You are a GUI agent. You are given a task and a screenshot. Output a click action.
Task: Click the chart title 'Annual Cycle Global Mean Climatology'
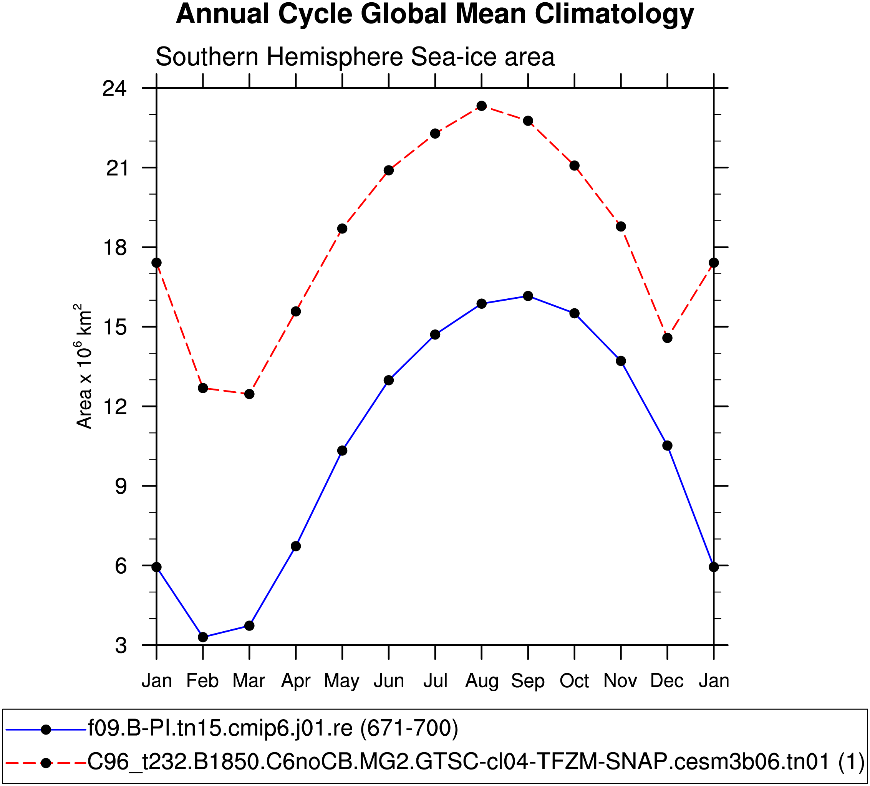434,14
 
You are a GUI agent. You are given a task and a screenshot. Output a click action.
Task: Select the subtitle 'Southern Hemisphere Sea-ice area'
355,57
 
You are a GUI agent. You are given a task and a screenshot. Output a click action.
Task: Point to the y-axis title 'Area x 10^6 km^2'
84,366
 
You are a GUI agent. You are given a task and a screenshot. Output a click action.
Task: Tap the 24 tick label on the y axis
114,88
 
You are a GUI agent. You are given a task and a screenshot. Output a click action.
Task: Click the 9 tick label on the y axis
121,486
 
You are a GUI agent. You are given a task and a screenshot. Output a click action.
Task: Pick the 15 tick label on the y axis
114,328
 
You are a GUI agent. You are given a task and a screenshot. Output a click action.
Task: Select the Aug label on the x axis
482,681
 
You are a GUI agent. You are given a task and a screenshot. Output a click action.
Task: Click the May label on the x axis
342,681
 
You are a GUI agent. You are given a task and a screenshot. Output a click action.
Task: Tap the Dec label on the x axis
667,681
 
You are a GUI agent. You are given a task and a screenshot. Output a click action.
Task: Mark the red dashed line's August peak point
482,106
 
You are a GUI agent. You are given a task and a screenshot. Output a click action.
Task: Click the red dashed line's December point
667,338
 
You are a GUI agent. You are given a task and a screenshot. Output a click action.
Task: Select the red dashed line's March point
249,394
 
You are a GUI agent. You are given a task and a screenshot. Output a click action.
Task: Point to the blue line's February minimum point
203,637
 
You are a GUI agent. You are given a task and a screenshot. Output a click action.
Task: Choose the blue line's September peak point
528,296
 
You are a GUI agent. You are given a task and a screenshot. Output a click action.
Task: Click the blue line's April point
296,546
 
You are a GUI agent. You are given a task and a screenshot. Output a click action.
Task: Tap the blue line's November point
621,361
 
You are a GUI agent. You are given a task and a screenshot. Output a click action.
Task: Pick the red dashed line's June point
389,170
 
